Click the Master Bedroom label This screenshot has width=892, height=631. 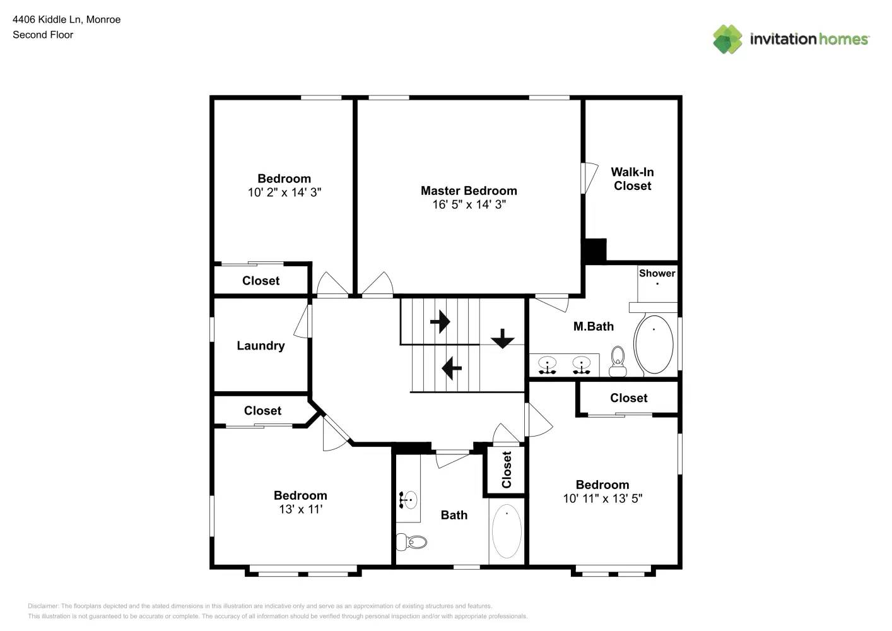coord(469,191)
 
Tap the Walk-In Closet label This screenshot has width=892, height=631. coord(632,179)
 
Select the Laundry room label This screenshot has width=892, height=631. coord(261,346)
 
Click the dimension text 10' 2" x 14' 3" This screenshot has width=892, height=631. coord(284,192)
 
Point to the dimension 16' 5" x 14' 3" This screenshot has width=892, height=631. coord(469,204)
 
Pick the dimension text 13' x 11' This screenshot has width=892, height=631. coord(300,509)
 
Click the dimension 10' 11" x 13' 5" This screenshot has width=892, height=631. coord(602,498)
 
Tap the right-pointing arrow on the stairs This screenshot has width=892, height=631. coord(440,322)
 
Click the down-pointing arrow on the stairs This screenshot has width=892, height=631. coord(502,339)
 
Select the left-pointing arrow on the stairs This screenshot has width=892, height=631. coord(452,368)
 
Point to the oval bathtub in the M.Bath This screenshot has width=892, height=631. coord(654,345)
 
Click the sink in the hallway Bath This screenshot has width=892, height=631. coord(408,500)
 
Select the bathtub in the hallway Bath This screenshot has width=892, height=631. coord(506,531)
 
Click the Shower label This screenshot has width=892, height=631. coord(657,273)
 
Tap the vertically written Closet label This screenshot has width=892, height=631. coord(507,470)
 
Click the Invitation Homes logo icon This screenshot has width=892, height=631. coord(727,39)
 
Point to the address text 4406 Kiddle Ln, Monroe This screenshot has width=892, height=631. coord(67,20)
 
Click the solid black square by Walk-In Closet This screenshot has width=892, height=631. coord(594,251)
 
